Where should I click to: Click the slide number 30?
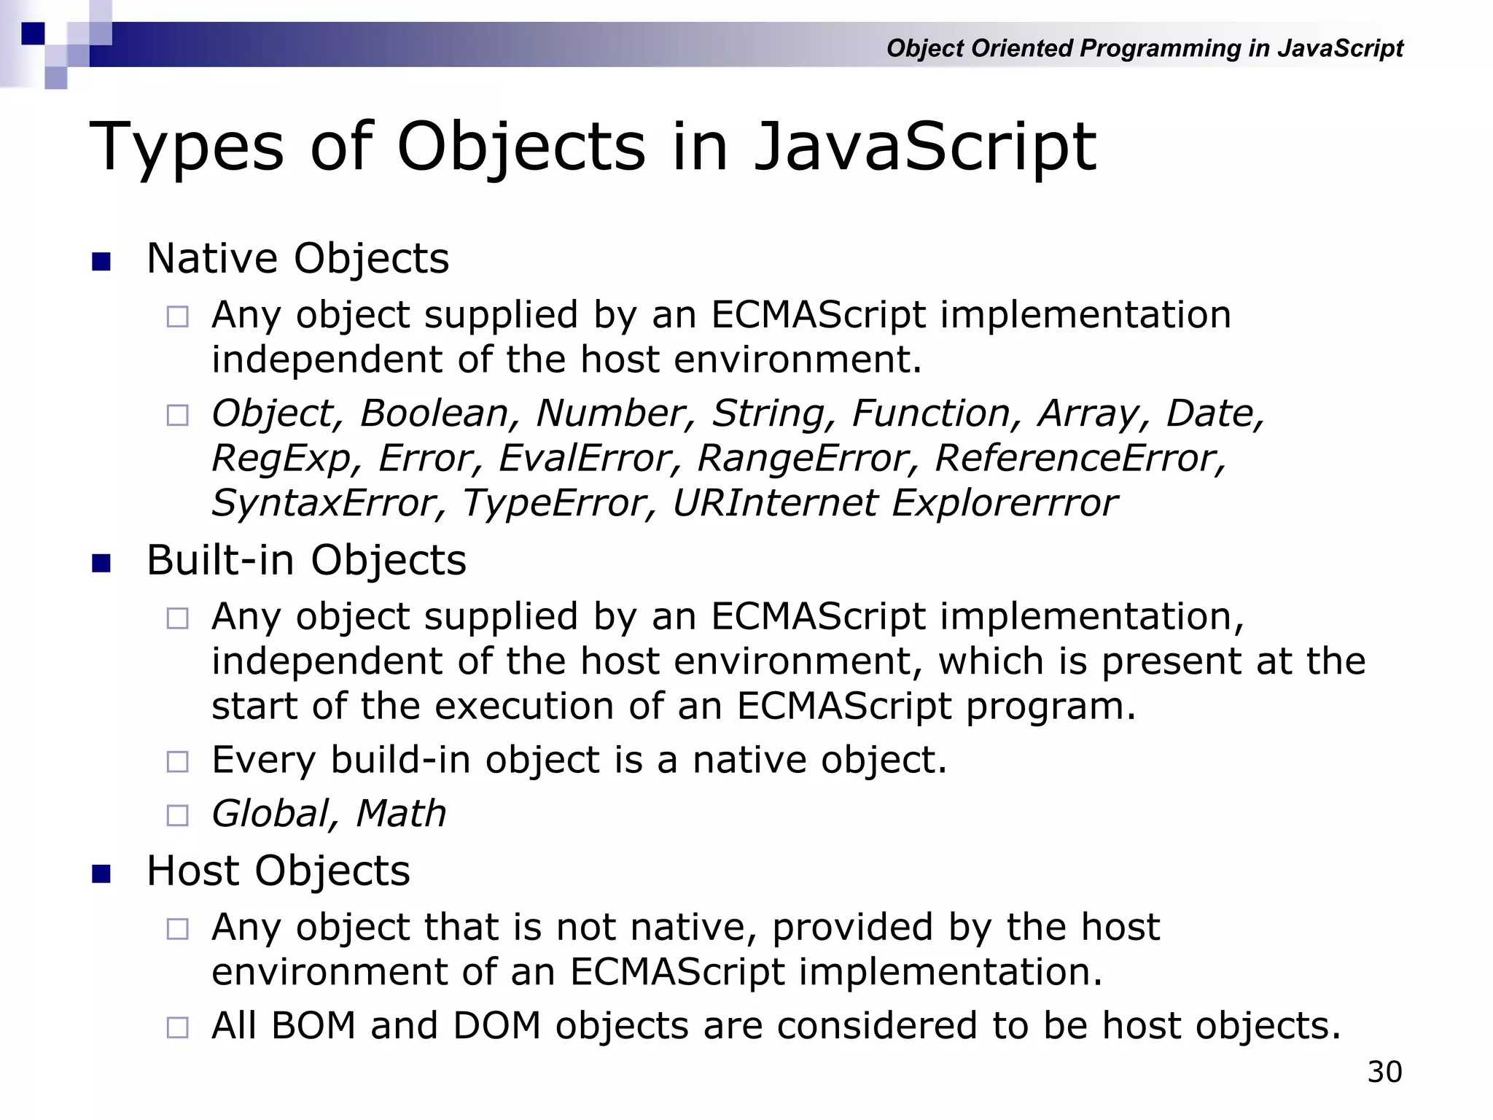point(1384,1072)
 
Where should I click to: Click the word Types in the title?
point(187,148)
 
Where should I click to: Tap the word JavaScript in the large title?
point(924,148)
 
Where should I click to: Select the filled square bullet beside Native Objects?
point(101,261)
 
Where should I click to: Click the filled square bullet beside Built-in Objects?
point(101,563)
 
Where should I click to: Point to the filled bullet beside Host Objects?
point(101,874)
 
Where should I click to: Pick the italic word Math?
point(401,814)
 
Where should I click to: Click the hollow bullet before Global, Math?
point(177,815)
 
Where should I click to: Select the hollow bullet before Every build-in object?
point(177,762)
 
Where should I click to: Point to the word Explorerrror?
point(1005,503)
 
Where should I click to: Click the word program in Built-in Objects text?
point(1050,707)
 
